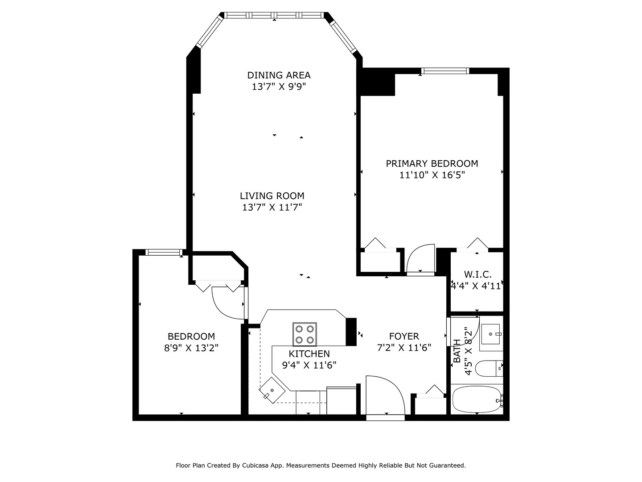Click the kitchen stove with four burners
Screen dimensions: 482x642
pos(305,334)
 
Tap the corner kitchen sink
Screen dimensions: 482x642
pos(272,390)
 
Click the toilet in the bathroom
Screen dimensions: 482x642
pos(488,369)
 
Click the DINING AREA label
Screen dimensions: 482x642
pos(279,75)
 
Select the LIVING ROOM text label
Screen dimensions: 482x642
pos(272,195)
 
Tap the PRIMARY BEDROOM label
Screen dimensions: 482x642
pos(432,163)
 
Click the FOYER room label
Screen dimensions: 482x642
pos(404,336)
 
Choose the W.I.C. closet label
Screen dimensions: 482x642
pos(477,274)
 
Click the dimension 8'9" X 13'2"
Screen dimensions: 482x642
pos(191,348)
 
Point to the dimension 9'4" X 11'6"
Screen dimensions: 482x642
pos(309,365)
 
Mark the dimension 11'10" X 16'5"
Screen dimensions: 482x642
pos(432,175)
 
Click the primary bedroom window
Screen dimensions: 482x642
pos(445,71)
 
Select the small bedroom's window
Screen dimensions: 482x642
pos(164,252)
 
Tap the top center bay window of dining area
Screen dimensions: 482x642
pos(274,15)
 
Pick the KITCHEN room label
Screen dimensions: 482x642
pos(309,353)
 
